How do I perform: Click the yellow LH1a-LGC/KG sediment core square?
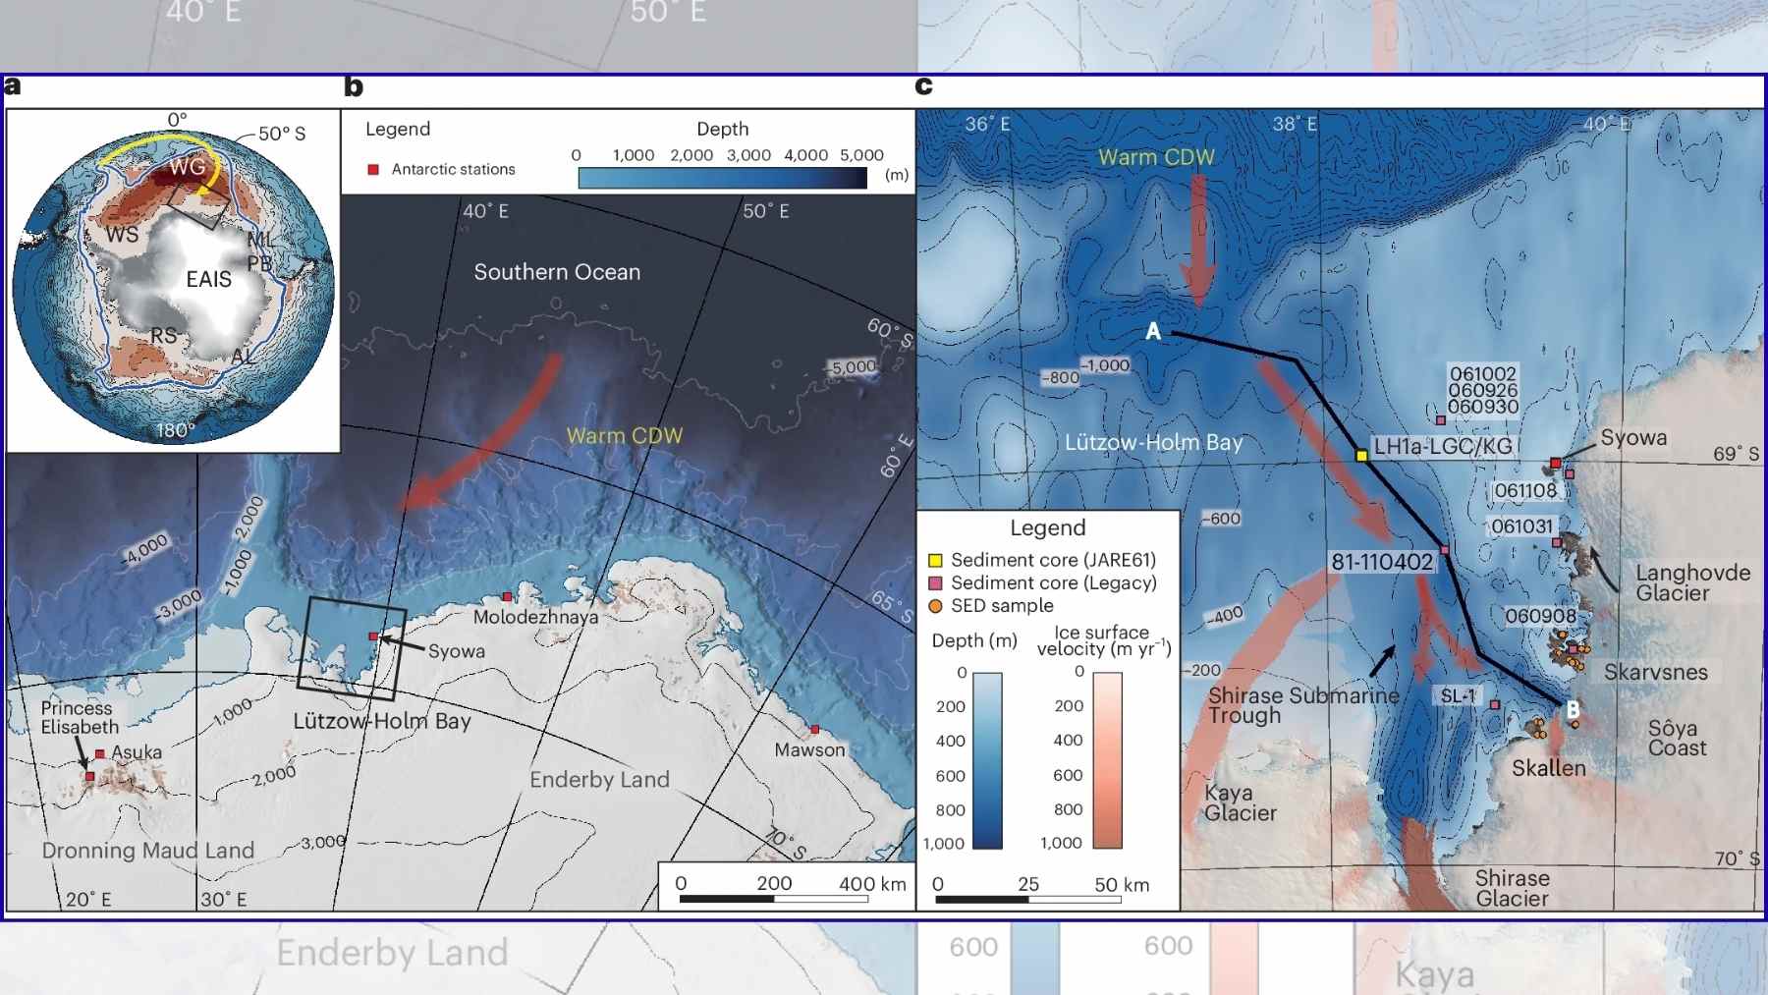pyautogui.click(x=1361, y=455)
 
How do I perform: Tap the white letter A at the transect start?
pyautogui.click(x=1153, y=332)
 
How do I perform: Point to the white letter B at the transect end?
pyautogui.click(x=1573, y=709)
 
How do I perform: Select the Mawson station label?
pyautogui.click(x=809, y=750)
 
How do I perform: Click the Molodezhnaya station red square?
pyautogui.click(x=507, y=596)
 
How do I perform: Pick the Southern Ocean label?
pyautogui.click(x=557, y=272)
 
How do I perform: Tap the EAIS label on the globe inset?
pyautogui.click(x=209, y=280)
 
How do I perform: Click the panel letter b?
pyautogui.click(x=354, y=86)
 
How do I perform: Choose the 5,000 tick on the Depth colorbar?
pyautogui.click(x=861, y=155)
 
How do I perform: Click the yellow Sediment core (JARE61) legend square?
pyautogui.click(x=935, y=560)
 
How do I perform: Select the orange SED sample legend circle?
pyautogui.click(x=935, y=606)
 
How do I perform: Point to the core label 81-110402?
pyautogui.click(x=1382, y=562)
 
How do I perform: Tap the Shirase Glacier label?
pyautogui.click(x=1512, y=888)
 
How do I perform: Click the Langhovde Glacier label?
pyautogui.click(x=1692, y=582)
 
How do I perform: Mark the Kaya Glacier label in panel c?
pyautogui.click(x=1241, y=802)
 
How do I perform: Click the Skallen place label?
pyautogui.click(x=1548, y=768)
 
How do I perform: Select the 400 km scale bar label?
pyautogui.click(x=872, y=883)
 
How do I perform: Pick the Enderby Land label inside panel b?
pyautogui.click(x=599, y=780)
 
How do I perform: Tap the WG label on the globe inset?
pyautogui.click(x=187, y=167)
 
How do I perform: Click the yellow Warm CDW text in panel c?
pyautogui.click(x=1156, y=157)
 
